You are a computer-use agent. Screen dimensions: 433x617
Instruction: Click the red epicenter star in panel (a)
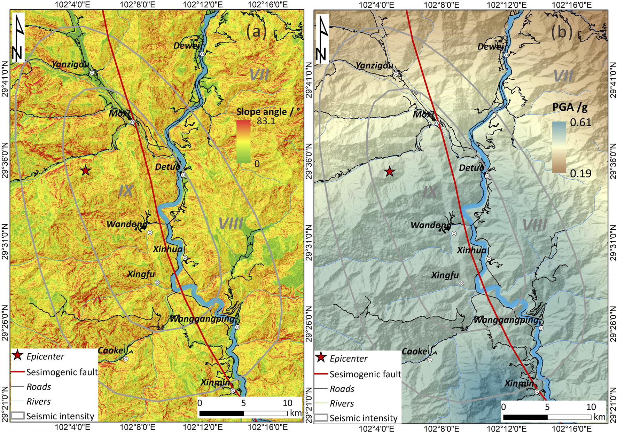(86, 171)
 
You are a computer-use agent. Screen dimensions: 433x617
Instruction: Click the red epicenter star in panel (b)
(390, 172)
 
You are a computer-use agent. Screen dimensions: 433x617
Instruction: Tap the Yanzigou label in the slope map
(70, 64)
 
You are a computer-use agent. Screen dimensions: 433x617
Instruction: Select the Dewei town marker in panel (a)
(202, 54)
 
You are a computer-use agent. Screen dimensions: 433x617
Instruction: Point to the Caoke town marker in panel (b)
(430, 360)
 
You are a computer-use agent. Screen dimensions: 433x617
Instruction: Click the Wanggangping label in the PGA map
(506, 320)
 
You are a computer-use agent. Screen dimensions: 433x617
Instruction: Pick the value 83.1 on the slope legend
(266, 121)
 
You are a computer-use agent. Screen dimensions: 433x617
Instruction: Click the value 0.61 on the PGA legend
(580, 122)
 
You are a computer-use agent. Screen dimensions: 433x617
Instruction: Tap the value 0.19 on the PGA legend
(580, 173)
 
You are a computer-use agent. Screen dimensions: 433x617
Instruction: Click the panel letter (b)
(562, 32)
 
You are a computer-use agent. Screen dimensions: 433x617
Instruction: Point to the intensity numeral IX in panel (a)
(126, 191)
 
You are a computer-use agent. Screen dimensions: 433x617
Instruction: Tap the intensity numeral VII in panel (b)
(563, 76)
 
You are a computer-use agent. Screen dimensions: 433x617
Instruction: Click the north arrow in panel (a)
(18, 38)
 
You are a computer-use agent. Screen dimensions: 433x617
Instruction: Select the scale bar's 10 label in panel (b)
(591, 407)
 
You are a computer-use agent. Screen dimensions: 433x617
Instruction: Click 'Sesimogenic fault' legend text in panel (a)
(62, 372)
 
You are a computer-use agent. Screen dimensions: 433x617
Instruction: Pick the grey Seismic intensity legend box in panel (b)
(321, 418)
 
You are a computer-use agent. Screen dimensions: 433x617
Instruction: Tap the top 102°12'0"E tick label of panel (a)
(198, 5)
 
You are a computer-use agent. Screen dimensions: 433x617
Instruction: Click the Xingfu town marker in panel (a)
(157, 283)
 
